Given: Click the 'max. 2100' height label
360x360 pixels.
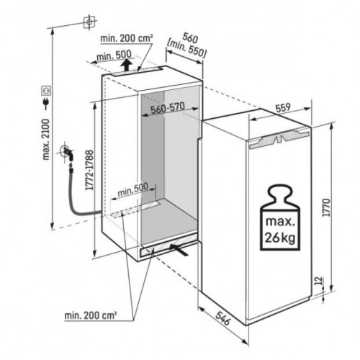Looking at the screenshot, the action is point(46,139).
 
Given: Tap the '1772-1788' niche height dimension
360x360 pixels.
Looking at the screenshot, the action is point(89,170).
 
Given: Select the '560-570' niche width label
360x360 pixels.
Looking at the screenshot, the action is point(168,108).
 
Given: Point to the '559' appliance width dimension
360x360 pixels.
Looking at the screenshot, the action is point(283,108).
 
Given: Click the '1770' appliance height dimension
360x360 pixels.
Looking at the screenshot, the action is point(326,207).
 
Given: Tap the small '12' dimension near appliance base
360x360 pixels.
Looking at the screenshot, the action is point(318,281).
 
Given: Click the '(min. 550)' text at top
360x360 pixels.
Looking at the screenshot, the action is point(186,49).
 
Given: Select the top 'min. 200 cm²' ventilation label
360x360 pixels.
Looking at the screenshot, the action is point(127,38).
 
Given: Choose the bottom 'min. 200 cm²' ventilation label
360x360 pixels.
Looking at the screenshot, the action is point(91,315).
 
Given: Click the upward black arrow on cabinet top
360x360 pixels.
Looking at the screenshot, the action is point(126,65).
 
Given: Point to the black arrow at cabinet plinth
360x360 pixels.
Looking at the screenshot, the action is point(179,250).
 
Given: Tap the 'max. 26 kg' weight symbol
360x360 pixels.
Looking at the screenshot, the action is point(280,217).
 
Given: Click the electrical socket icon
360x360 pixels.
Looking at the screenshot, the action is point(45,91).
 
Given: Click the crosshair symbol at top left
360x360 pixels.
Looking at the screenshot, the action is point(89,22).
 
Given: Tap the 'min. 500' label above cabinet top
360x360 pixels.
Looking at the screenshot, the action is point(114,55).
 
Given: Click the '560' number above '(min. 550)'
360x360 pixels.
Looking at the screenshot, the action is point(191,37).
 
